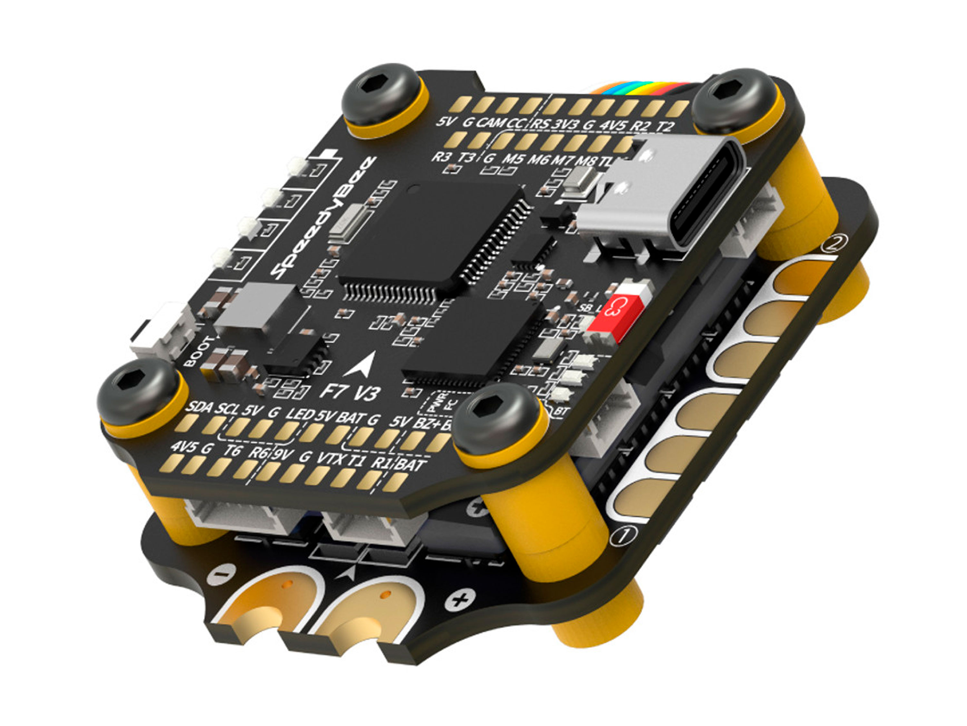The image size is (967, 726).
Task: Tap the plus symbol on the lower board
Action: tap(458, 601)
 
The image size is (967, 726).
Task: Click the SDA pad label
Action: tap(199, 408)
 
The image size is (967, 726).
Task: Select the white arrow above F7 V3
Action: tap(361, 365)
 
